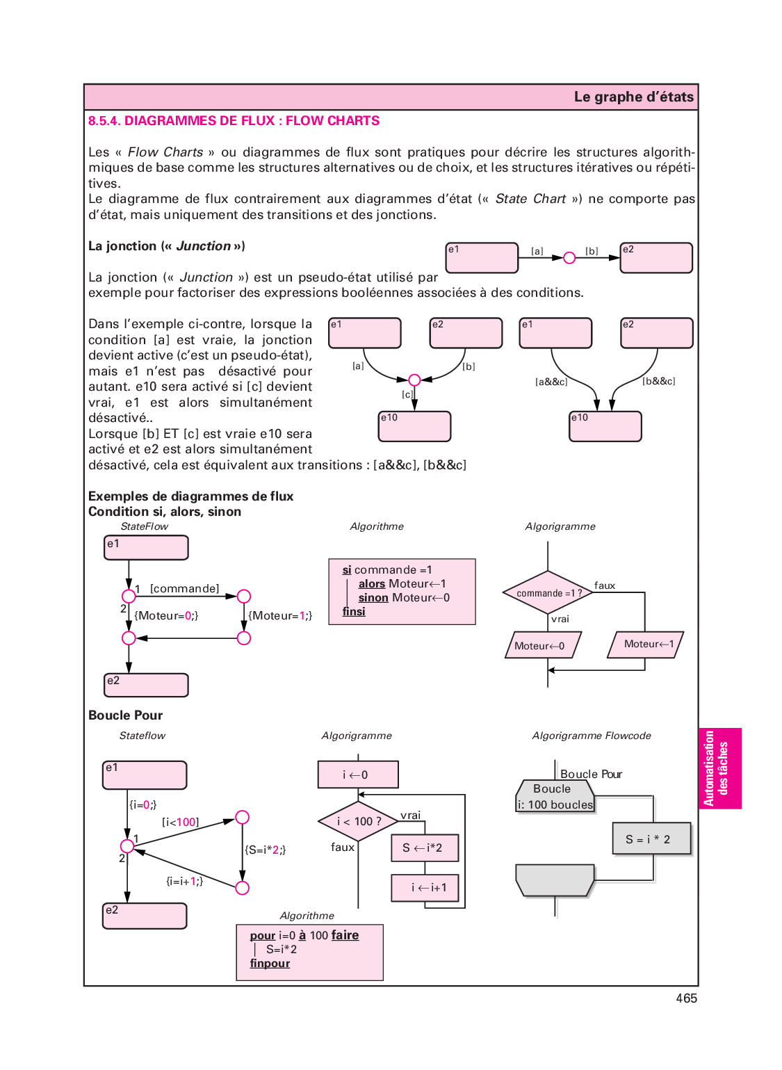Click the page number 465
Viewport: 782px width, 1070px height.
point(686,998)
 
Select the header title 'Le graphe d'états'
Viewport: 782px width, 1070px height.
point(633,97)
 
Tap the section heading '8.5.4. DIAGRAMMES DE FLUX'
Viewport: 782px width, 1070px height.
point(234,121)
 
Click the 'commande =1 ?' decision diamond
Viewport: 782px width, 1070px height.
point(548,593)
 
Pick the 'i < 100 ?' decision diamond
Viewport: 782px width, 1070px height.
point(358,821)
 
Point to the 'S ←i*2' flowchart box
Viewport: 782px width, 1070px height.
point(425,848)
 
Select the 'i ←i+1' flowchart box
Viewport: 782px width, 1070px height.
point(425,888)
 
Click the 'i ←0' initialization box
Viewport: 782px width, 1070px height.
point(358,775)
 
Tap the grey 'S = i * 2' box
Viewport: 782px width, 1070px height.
point(651,838)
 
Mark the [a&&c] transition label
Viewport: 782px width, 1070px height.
point(551,382)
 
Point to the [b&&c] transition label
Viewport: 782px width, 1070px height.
point(658,381)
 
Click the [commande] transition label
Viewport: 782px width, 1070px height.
point(184,589)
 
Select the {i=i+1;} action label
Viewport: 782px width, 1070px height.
point(184,881)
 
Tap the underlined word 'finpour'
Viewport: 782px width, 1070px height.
point(270,964)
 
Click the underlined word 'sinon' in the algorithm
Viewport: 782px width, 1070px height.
point(373,598)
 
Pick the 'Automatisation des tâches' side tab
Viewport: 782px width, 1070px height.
point(719,768)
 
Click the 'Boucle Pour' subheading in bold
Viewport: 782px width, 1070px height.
point(125,715)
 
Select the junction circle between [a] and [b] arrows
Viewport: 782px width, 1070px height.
point(569,258)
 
